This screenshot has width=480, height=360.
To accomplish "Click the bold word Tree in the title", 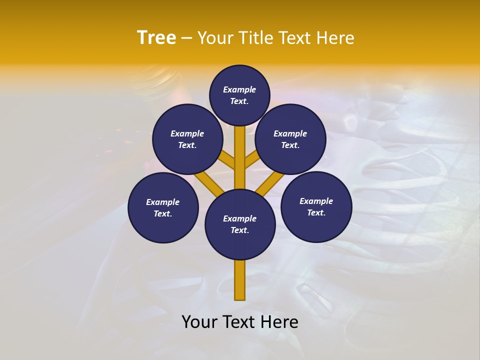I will (156, 38).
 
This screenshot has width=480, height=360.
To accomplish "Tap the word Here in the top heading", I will (334, 38).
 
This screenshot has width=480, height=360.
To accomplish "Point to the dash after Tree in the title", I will (186, 38).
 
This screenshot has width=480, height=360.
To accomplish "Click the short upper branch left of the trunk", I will (228, 161).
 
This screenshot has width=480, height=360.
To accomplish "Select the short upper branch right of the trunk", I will (252, 161).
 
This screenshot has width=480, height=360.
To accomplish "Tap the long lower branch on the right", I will (270, 183).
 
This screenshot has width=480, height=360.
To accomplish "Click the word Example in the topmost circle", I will (239, 90).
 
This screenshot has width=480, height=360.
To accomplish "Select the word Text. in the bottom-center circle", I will (239, 230).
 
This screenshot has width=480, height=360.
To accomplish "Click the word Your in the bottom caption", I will (199, 322).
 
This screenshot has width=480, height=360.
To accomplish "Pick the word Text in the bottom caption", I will (239, 322).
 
